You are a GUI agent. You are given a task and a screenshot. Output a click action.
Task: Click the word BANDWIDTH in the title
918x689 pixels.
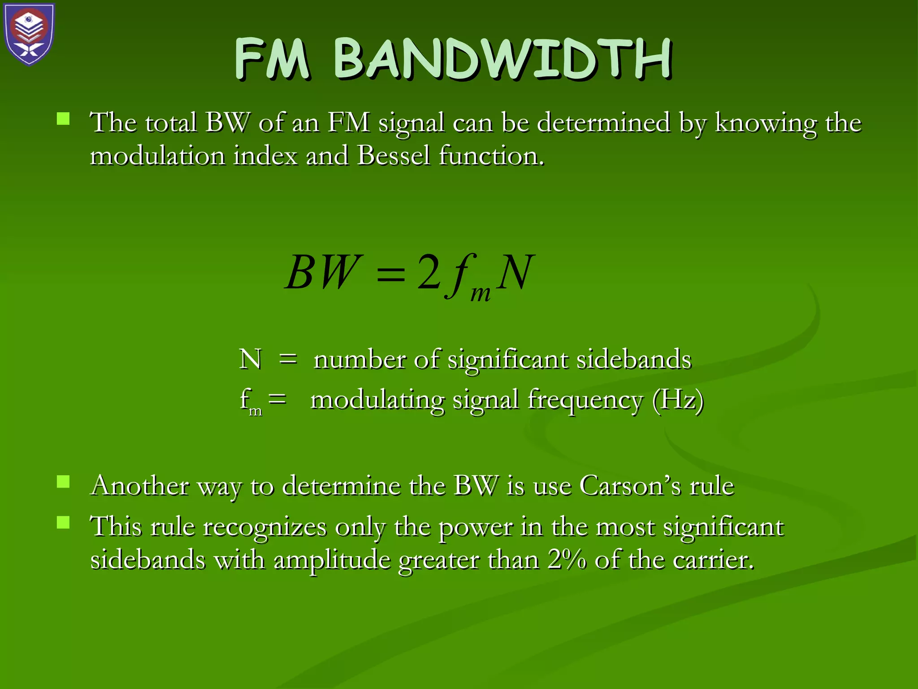[502, 60]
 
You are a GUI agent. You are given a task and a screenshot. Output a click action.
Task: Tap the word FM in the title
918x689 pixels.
[272, 60]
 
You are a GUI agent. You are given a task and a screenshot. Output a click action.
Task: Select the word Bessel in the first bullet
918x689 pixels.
[394, 156]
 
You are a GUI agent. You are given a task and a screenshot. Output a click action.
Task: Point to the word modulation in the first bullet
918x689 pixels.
[157, 156]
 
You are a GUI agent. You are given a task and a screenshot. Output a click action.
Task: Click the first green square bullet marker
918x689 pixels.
[63, 119]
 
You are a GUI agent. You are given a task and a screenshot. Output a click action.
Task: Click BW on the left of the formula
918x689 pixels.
[322, 272]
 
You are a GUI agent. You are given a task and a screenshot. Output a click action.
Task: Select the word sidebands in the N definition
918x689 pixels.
[634, 359]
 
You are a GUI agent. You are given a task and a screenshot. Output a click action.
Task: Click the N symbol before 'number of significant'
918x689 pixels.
[250, 359]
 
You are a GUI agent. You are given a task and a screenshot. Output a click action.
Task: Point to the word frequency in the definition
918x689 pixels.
[585, 400]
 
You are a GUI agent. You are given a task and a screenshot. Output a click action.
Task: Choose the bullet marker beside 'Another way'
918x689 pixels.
[63, 482]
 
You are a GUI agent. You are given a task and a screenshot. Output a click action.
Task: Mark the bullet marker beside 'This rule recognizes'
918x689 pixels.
[63, 523]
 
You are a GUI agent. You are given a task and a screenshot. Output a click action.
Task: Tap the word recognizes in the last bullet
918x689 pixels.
[265, 527]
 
